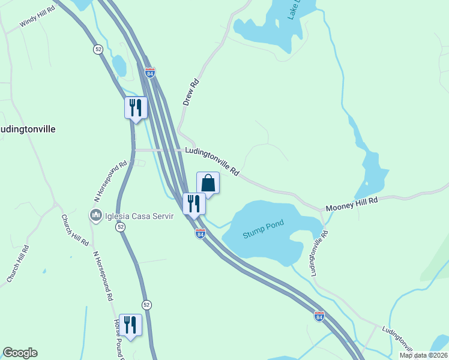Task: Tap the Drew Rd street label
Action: click(190, 94)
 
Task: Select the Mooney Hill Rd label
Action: click(352, 203)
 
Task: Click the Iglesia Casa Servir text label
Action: click(139, 216)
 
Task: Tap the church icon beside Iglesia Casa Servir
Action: click(95, 215)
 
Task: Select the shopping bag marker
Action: click(208, 183)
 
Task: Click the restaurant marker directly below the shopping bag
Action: click(194, 203)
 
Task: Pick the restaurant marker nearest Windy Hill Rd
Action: click(136, 108)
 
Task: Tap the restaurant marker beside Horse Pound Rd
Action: click(130, 325)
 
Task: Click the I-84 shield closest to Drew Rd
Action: click(150, 72)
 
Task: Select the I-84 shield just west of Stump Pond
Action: click(200, 233)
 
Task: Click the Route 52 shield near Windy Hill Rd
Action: click(98, 49)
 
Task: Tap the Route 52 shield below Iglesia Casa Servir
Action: click(121, 227)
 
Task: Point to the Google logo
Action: click(20, 352)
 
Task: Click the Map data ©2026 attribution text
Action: click(423, 355)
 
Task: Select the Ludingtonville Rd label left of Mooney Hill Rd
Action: click(212, 161)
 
